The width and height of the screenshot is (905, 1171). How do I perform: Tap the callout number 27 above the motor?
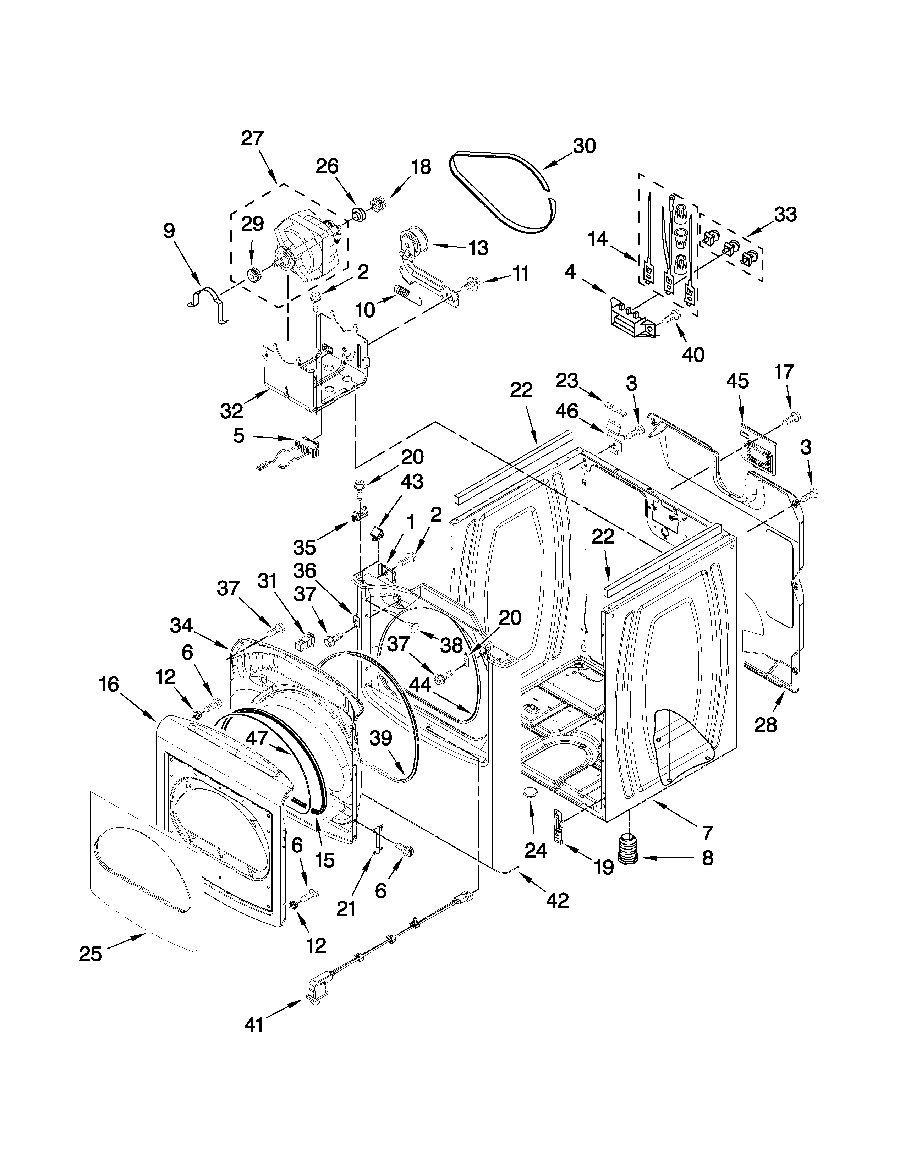click(x=252, y=138)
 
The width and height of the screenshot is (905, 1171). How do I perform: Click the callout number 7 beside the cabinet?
click(x=707, y=833)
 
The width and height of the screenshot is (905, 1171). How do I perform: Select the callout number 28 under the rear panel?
click(x=765, y=725)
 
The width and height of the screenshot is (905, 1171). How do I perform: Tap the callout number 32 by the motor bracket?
click(x=232, y=411)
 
